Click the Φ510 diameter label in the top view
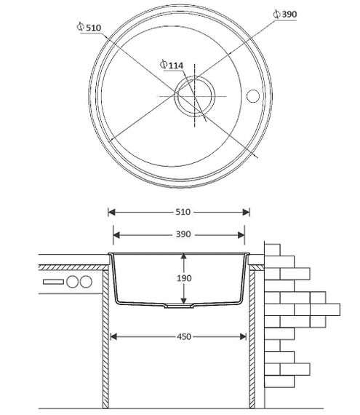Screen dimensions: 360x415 click(x=89, y=27)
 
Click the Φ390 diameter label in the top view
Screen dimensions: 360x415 click(x=285, y=14)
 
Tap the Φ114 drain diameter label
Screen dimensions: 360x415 click(x=172, y=65)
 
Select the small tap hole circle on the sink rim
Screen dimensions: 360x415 click(x=252, y=96)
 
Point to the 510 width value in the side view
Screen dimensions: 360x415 click(x=183, y=212)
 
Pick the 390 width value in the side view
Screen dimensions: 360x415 click(x=183, y=234)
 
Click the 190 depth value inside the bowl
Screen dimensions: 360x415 click(x=184, y=278)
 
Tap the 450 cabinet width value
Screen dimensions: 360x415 click(x=184, y=336)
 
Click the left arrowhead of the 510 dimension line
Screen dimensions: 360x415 click(x=111, y=212)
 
